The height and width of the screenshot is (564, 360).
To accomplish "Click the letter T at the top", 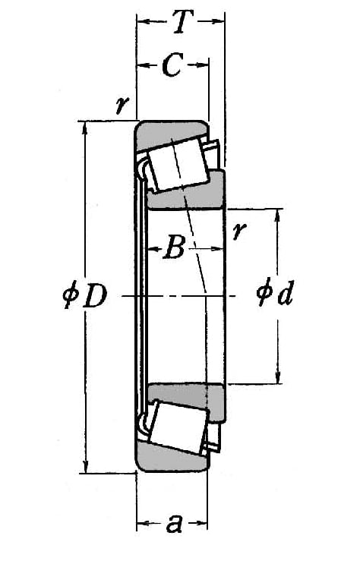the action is (x=184, y=21).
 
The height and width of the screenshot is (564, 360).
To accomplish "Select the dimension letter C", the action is (x=173, y=65).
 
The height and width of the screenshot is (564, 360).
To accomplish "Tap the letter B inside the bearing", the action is (x=174, y=247).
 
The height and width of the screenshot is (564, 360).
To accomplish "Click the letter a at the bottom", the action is (x=175, y=523).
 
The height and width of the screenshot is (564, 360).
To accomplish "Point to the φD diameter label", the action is (x=85, y=296).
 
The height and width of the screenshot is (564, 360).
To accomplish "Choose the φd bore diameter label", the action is (x=276, y=293).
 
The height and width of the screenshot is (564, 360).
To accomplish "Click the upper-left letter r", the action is (x=122, y=104).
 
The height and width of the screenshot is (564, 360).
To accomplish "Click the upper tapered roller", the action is (x=178, y=165).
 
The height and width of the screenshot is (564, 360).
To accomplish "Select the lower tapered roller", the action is (x=178, y=427).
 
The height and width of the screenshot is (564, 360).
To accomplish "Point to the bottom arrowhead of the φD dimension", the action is (x=85, y=467).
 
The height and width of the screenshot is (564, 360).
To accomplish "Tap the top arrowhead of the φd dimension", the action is (x=277, y=215).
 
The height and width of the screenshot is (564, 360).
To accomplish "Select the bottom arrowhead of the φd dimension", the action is (x=277, y=378).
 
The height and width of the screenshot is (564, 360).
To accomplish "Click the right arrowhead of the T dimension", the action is (x=219, y=21).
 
